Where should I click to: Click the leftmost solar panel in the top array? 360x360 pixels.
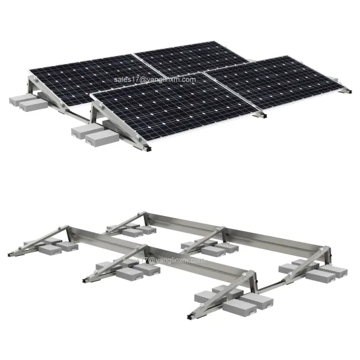pyautogui.click(x=85, y=79)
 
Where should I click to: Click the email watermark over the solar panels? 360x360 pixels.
pyautogui.click(x=154, y=79)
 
